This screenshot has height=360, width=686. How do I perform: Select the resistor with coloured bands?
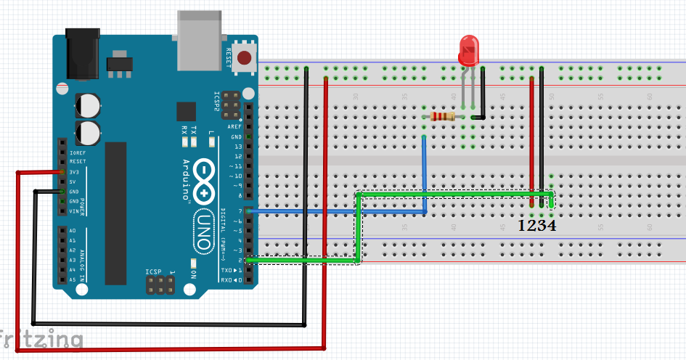click(x=442, y=116)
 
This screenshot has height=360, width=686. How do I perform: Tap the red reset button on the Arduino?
click(x=245, y=57)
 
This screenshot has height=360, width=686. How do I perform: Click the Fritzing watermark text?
click(x=41, y=339)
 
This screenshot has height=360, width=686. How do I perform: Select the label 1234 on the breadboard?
click(x=537, y=226)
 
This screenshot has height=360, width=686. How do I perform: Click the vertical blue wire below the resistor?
click(x=424, y=174)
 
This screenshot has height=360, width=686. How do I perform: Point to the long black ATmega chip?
click(x=116, y=213)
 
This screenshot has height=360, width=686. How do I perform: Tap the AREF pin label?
click(x=236, y=126)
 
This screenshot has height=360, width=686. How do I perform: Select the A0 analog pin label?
click(x=72, y=230)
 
